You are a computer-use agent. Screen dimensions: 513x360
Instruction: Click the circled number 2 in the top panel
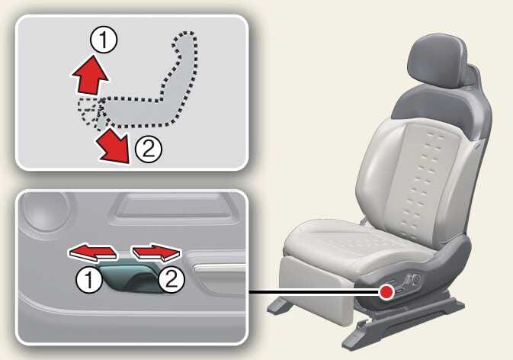click(149, 149)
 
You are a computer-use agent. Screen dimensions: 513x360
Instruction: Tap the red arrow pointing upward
click(90, 76)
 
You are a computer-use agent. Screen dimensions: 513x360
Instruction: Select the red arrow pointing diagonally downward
click(114, 145)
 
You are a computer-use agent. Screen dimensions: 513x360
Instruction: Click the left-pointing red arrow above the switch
click(92, 253)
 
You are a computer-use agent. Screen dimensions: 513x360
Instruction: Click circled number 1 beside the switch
click(89, 280)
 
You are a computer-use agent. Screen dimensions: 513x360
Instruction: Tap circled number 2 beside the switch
click(172, 279)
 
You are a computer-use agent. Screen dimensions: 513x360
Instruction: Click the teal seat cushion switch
click(130, 278)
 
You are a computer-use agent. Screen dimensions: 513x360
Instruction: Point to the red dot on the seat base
click(387, 291)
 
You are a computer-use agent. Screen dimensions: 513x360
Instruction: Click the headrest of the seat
click(438, 62)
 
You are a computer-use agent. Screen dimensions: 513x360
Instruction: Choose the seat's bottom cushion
click(354, 243)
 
